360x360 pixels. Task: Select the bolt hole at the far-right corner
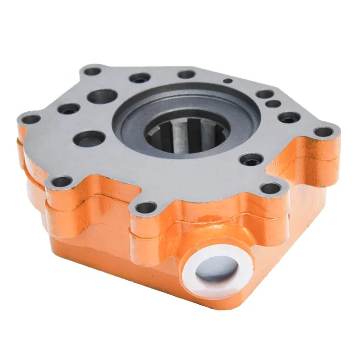coord(324,131)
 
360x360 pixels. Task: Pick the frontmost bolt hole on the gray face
coord(146,207)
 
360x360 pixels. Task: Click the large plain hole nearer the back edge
coord(102,96)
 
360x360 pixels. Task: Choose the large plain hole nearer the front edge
coord(90,139)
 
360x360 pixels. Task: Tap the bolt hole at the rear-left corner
coord(93,72)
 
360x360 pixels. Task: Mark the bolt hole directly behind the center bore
coord(186,74)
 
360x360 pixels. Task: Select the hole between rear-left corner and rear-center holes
coord(140,78)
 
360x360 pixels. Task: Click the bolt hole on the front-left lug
coord(62,181)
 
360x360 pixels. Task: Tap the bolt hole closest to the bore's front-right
coord(251,159)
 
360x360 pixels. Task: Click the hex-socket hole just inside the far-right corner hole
coord(289,117)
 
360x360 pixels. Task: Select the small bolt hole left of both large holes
coord(69,109)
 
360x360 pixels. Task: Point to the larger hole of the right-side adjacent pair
coord(264,94)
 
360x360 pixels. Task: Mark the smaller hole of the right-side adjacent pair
coord(273,103)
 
